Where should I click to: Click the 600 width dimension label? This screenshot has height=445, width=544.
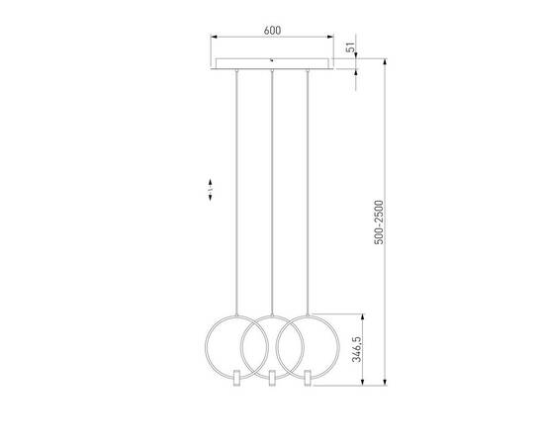pos(272,30)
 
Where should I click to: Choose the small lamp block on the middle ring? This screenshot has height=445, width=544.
pos(271,378)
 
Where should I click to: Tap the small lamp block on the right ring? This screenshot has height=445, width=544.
pos(308,378)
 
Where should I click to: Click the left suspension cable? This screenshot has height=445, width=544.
pos(234,198)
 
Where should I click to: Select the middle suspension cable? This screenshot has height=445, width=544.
pos(271,198)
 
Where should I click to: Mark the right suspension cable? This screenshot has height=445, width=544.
pos(308,198)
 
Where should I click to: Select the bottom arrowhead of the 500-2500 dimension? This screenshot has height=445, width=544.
pos(386,384)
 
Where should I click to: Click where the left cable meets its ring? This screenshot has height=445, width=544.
pos(234,315)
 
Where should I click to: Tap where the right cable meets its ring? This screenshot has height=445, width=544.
pos(308,315)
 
